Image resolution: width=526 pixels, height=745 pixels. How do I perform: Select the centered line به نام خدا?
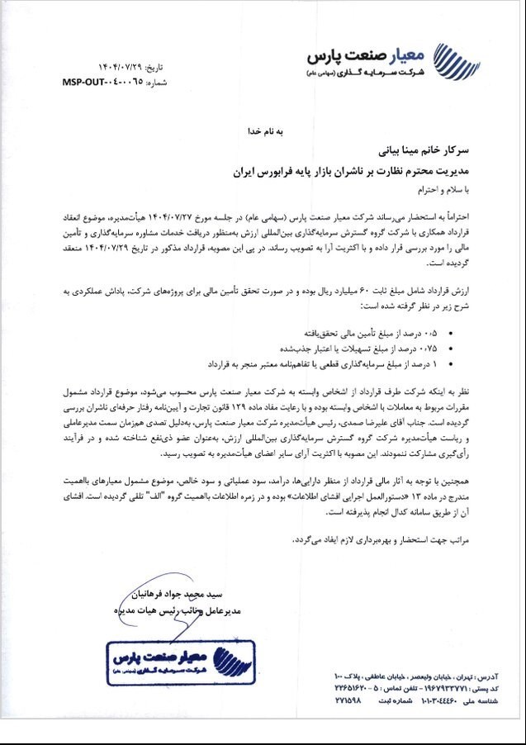pos(268,130)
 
